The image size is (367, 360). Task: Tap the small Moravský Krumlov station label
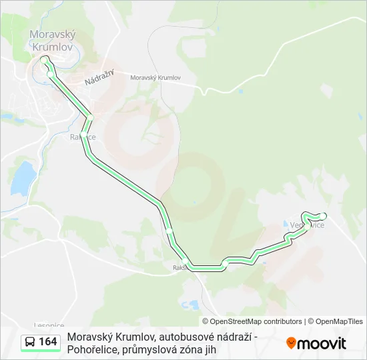click(155, 78)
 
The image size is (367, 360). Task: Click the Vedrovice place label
click(308, 225)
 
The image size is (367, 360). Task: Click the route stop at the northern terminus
click(44, 59)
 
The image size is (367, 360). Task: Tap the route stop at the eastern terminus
click(323, 216)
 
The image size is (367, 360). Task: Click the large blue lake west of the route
click(23, 177)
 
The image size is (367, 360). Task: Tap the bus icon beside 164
click(30, 343)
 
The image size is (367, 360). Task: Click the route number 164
click(48, 343)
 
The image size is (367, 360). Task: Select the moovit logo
click(316, 343)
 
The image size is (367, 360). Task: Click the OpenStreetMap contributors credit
click(252, 321)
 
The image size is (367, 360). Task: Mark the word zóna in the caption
click(192, 349)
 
